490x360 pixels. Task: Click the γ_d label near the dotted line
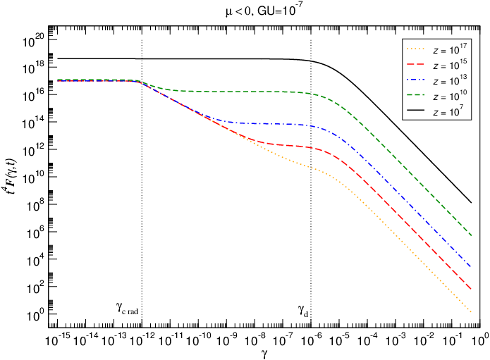pyautogui.click(x=303, y=309)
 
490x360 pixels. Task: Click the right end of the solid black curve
pyautogui.click(x=471, y=203)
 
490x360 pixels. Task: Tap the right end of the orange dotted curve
pyautogui.click(x=471, y=311)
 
